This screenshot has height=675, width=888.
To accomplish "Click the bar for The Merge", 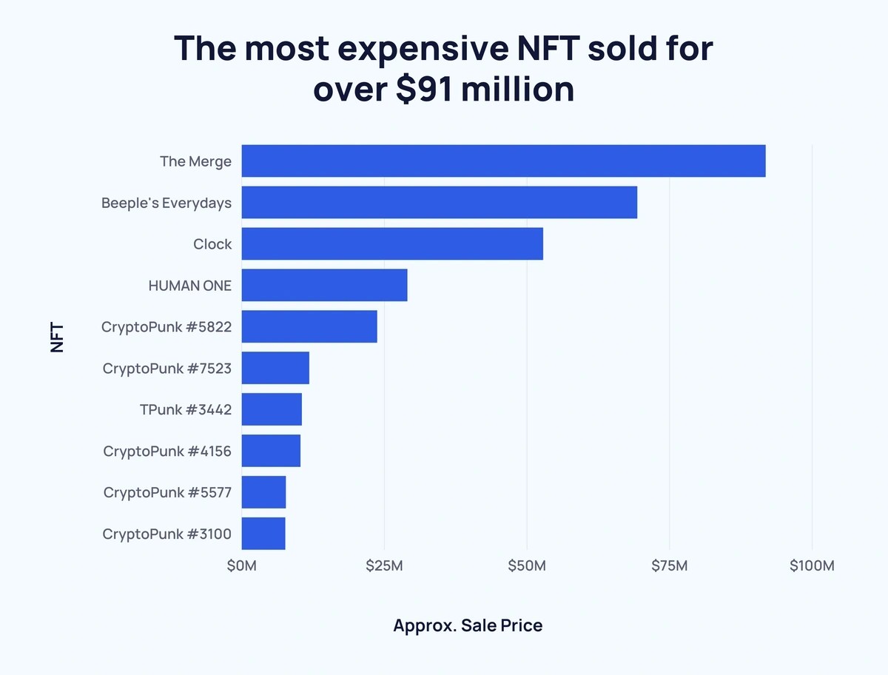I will coord(503,161).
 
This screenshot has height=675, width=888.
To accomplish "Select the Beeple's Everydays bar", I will coord(439,202).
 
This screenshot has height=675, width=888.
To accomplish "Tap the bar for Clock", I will coord(392,244).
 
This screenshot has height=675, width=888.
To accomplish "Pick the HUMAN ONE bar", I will coord(324,285).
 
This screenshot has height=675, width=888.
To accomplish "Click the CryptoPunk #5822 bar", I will coord(309,326).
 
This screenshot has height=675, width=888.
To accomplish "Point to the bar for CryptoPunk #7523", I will coord(275,368).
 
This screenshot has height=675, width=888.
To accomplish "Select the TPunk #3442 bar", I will coord(272,409).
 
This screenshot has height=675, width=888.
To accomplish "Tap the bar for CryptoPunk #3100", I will coord(263,534).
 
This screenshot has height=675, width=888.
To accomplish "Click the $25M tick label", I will coord(384,566).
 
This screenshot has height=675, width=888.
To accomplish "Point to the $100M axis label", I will coord(811,566).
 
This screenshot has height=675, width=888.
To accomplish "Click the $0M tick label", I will coord(242,566).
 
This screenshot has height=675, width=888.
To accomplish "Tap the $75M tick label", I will coord(669,566).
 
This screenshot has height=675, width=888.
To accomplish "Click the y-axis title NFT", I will coord(58,337).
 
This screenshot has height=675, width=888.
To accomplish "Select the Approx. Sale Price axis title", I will coord(468,625).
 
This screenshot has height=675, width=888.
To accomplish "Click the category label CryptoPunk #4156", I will coord(167,451).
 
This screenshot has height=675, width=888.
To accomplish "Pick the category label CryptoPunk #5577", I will coord(167,492).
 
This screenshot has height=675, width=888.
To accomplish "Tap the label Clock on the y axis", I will coord(212,244).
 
